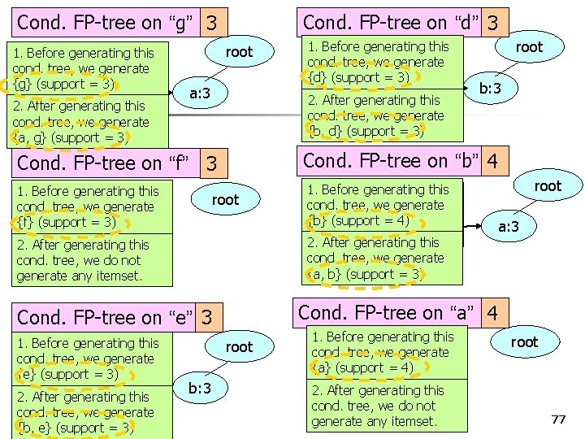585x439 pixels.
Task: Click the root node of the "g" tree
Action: [x=239, y=52]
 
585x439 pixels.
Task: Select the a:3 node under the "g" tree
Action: [x=200, y=94]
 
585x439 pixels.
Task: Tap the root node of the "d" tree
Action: [x=529, y=47]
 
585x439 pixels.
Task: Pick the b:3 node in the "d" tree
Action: [x=495, y=89]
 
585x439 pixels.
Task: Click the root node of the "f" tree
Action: [x=225, y=200]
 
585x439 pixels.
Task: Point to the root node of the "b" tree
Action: [x=548, y=186]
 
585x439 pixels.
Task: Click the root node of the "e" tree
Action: [x=239, y=347]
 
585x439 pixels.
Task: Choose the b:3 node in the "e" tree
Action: [x=200, y=388]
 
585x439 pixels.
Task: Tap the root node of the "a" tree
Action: [x=524, y=342]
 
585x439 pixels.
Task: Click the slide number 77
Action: [x=558, y=419]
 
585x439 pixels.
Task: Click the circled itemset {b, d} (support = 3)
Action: [x=366, y=131]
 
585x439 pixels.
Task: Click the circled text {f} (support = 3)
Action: [x=65, y=222]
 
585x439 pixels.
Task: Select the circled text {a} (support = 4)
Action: [x=362, y=367]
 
